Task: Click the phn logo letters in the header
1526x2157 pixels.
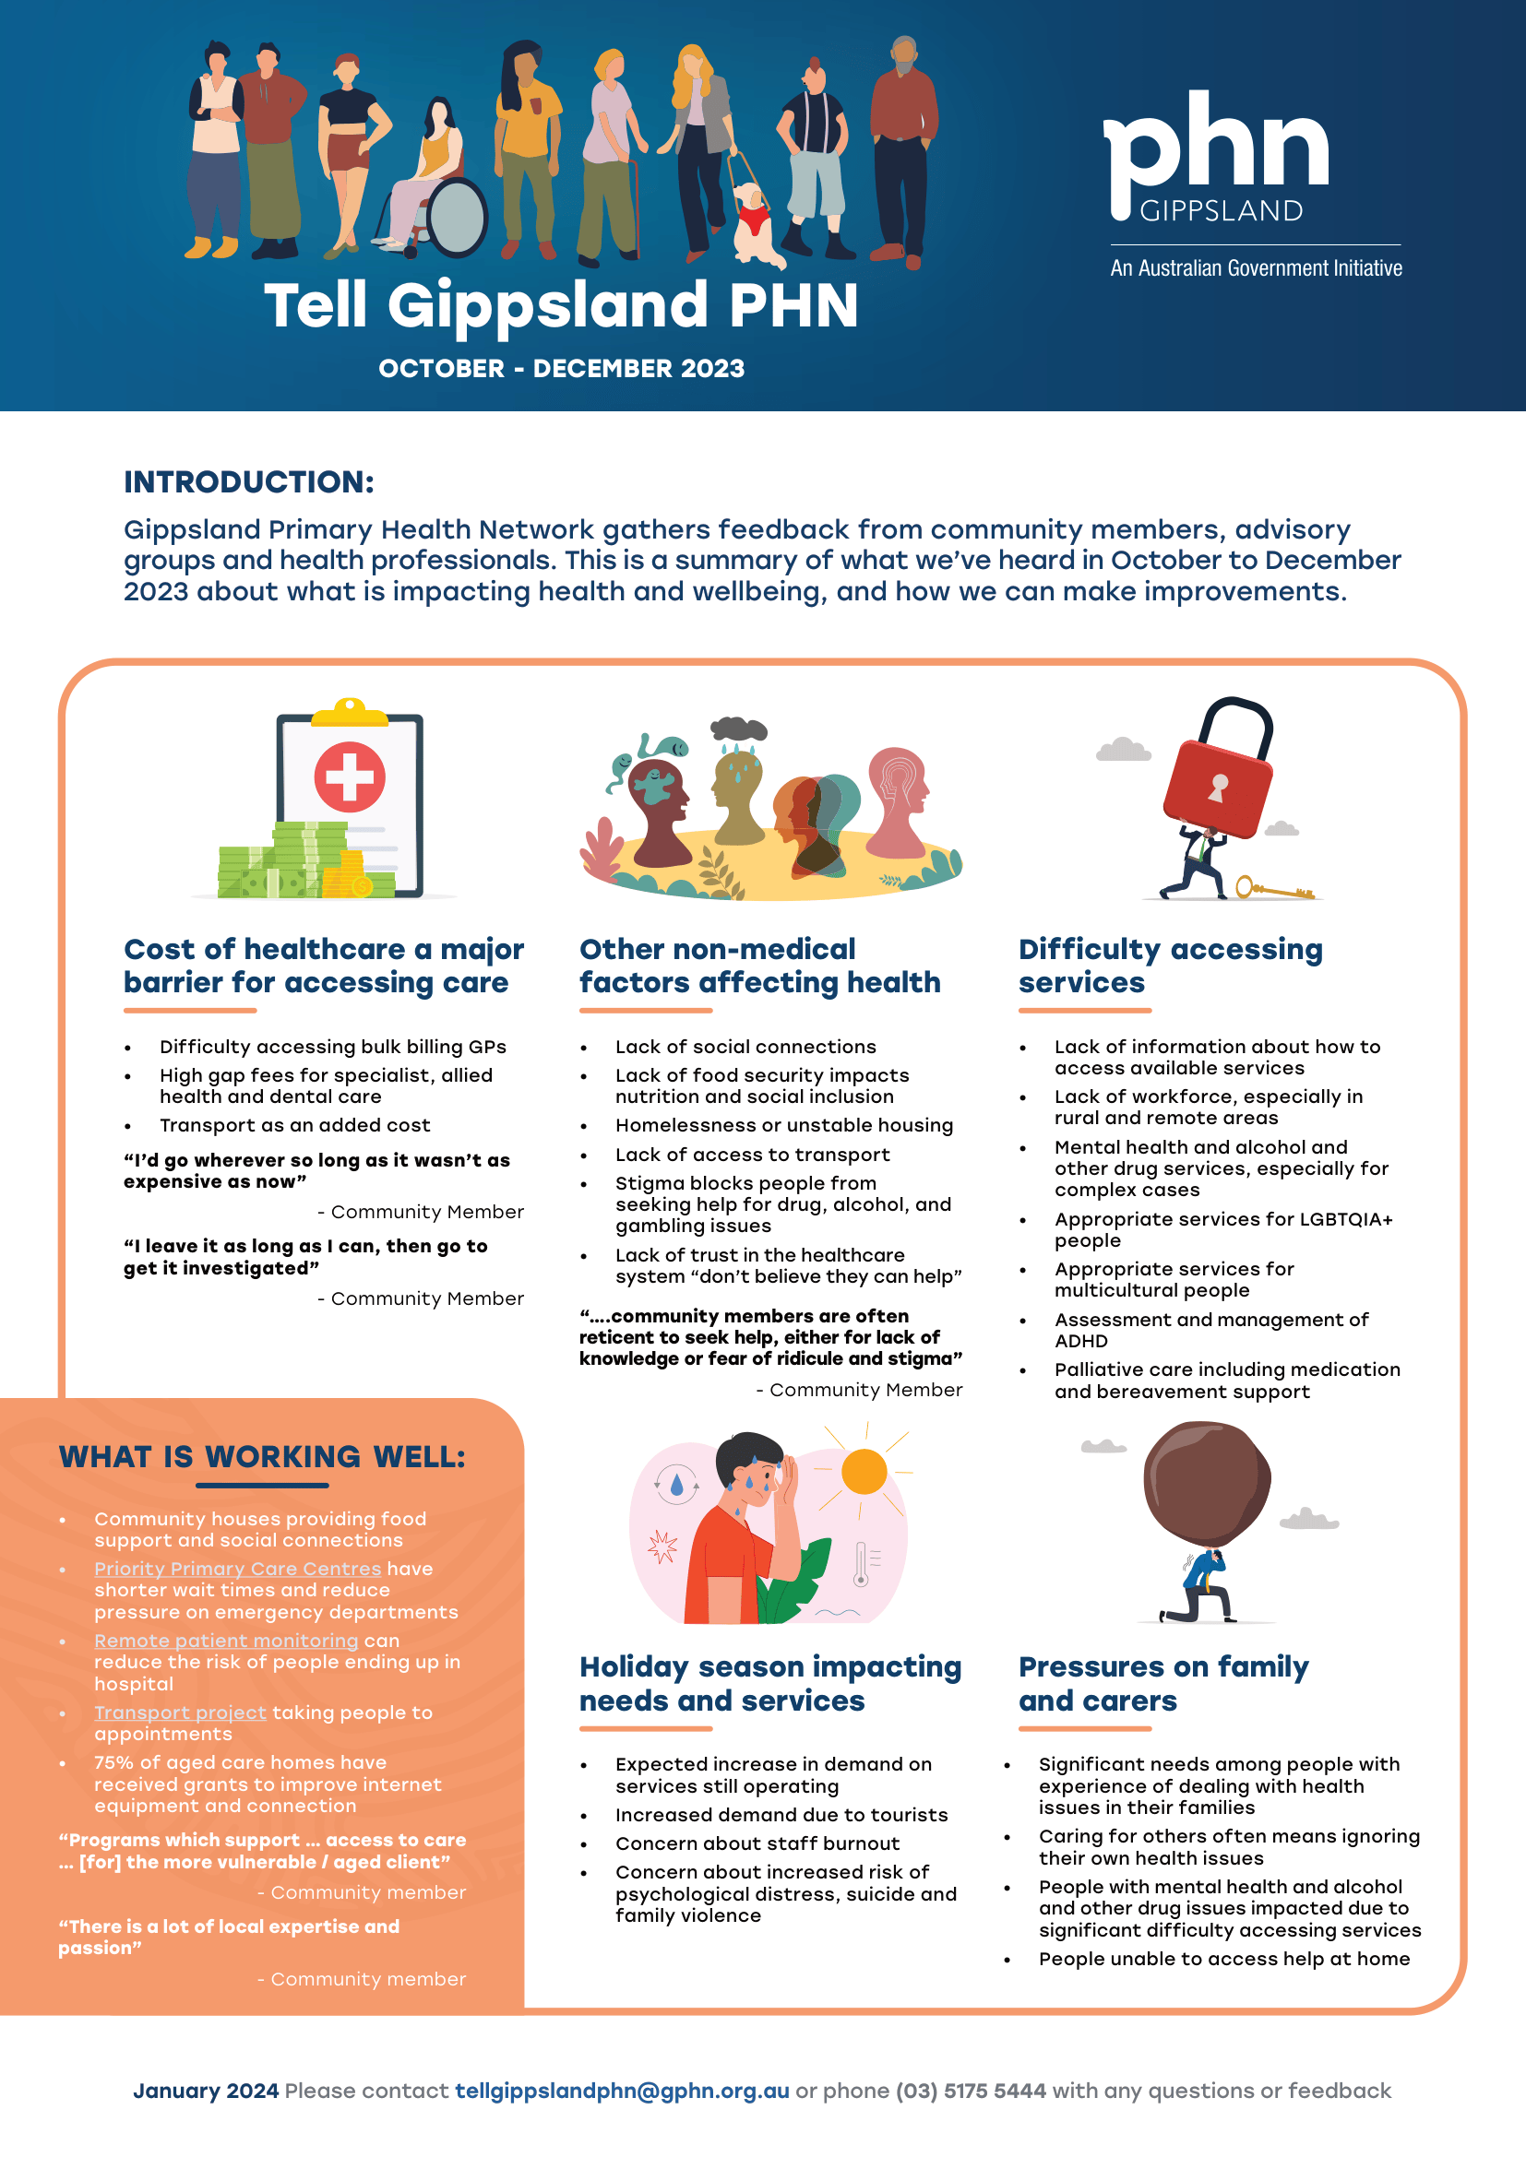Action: coord(1215,146)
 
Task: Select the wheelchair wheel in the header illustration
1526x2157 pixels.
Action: coord(457,217)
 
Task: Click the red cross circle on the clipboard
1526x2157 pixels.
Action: coord(350,776)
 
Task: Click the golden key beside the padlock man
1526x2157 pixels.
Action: coord(1273,889)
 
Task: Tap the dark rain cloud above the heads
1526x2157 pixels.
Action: coord(739,729)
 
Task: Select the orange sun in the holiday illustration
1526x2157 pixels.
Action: coord(864,1471)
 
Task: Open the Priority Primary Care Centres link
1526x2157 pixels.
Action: coord(238,1569)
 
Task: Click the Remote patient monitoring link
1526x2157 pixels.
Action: coord(225,1641)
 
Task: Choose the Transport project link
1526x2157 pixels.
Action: coord(181,1713)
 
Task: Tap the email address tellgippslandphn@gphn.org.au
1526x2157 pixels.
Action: coord(622,2092)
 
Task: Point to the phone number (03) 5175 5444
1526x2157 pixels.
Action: coord(970,2092)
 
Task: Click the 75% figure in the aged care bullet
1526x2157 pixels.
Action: coord(113,1763)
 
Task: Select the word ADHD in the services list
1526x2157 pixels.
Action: coord(1080,1342)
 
